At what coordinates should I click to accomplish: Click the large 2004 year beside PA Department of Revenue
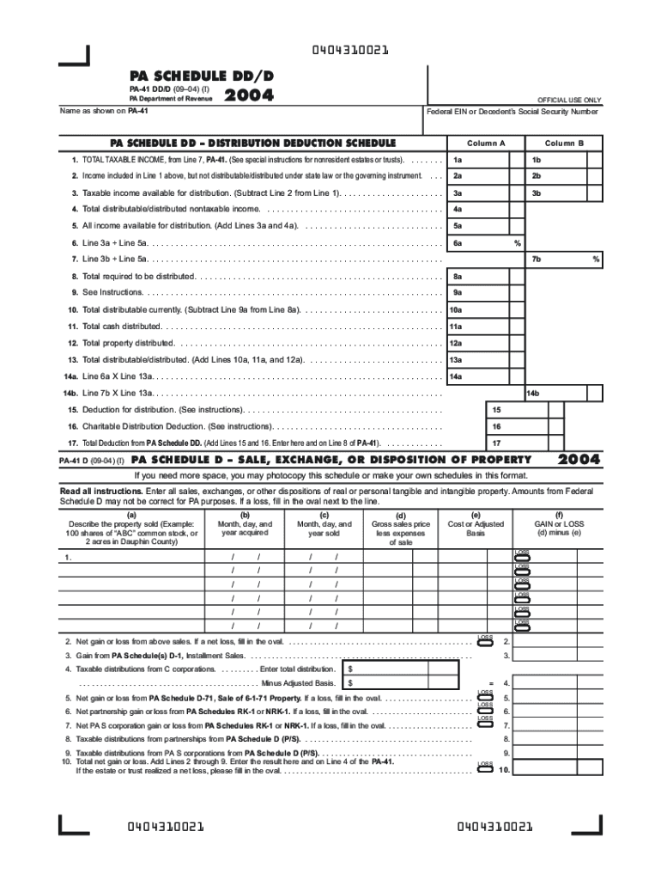[x=248, y=96]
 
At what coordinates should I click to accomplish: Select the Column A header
[x=486, y=143]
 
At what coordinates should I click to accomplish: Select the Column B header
[x=563, y=143]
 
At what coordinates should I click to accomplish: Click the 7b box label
[x=536, y=259]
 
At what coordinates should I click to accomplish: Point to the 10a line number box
[x=456, y=309]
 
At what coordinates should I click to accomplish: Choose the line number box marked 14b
[x=532, y=393]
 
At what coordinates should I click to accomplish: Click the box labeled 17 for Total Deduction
[x=496, y=443]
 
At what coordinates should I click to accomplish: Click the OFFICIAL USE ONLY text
[x=569, y=100]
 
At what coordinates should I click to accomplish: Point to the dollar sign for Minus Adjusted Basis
[x=350, y=683]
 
